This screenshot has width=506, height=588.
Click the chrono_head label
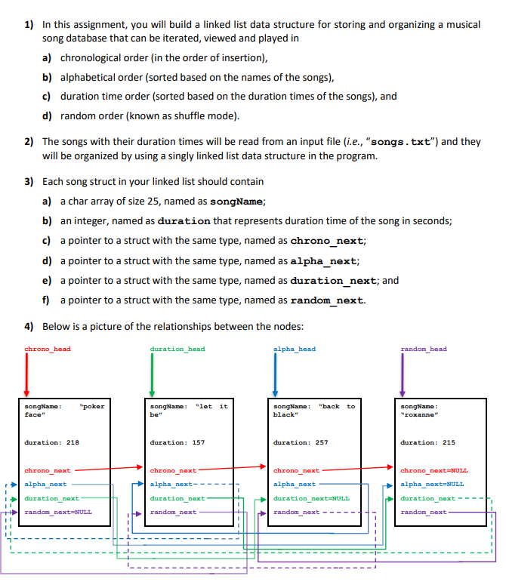(x=48, y=349)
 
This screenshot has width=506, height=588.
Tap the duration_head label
(x=177, y=349)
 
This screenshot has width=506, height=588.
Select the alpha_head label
(x=295, y=349)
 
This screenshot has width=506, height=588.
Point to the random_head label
(x=424, y=349)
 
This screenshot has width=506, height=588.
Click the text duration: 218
(x=52, y=442)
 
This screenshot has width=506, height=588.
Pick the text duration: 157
(x=177, y=442)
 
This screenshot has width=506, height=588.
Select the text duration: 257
(x=301, y=442)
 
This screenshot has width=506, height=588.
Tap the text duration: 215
(x=427, y=442)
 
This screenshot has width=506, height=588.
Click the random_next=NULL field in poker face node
(x=58, y=512)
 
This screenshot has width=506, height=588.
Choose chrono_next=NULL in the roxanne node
(x=433, y=470)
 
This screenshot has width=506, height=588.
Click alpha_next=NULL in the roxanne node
(x=432, y=484)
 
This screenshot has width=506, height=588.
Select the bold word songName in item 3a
(x=236, y=202)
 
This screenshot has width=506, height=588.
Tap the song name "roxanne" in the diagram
(x=420, y=414)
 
